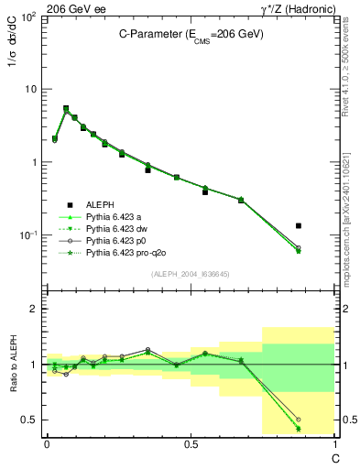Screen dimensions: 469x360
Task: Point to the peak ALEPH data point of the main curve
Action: pyautogui.click(x=66, y=108)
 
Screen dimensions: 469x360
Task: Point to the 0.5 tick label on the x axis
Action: pyautogui.click(x=191, y=442)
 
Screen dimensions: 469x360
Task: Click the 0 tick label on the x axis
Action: pyautogui.click(x=47, y=442)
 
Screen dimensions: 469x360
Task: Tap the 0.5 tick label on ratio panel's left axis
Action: pyautogui.click(x=29, y=420)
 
